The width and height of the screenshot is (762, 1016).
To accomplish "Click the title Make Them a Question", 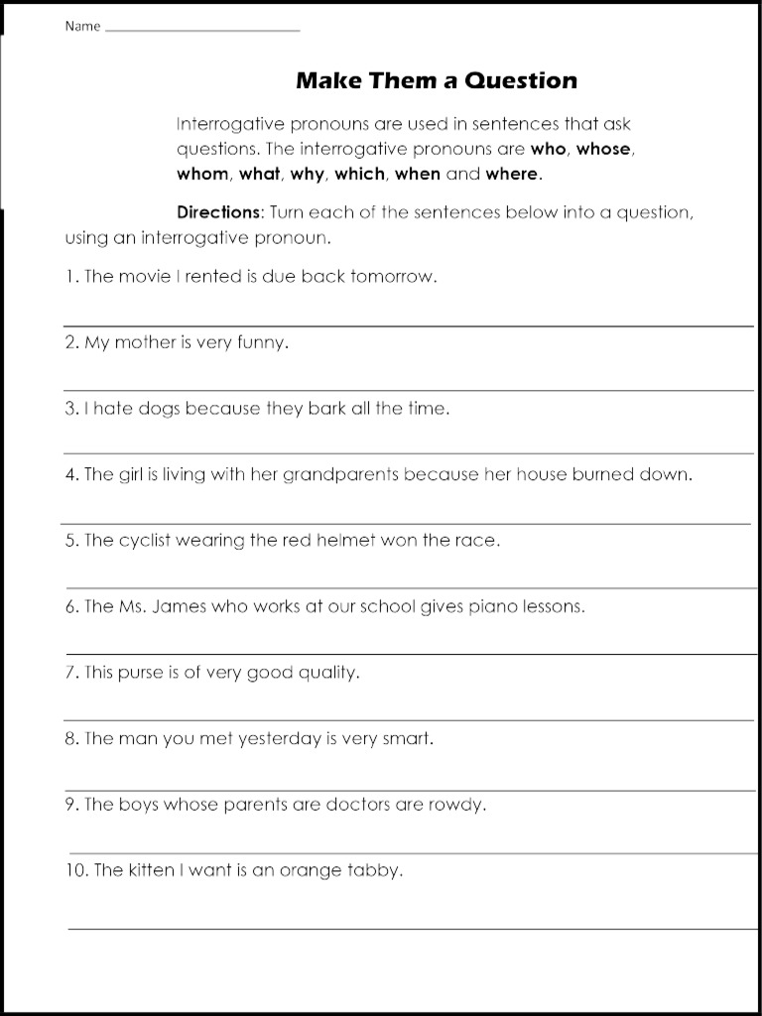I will pyautogui.click(x=436, y=80).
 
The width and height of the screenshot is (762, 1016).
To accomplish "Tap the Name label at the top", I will pyautogui.click(x=82, y=27).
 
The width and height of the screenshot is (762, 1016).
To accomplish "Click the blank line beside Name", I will pyautogui.click(x=201, y=30).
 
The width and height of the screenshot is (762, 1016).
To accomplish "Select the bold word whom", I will pyautogui.click(x=202, y=174).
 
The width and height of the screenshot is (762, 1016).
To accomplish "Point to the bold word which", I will pyautogui.click(x=359, y=174).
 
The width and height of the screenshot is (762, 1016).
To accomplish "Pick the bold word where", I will pyautogui.click(x=512, y=174).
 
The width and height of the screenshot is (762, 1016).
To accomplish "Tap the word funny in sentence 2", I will pyautogui.click(x=261, y=343).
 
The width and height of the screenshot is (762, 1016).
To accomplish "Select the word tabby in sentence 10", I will pyautogui.click(x=375, y=871).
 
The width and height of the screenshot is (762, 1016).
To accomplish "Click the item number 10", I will pyautogui.click(x=77, y=871).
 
